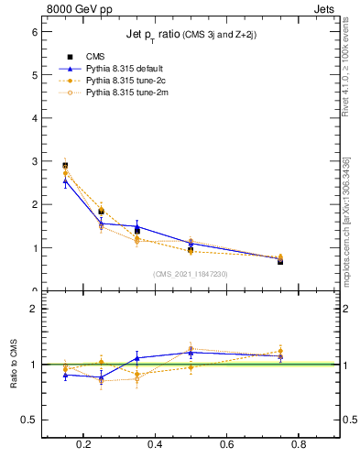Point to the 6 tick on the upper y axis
[36, 31]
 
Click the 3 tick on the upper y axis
[36, 161]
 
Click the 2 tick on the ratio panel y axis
[36, 309]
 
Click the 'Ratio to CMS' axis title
[14, 365]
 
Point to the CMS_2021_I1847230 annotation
[191, 273]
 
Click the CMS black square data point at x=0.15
[65, 166]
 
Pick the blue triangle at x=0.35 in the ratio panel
[136, 358]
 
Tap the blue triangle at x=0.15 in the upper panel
[65, 181]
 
